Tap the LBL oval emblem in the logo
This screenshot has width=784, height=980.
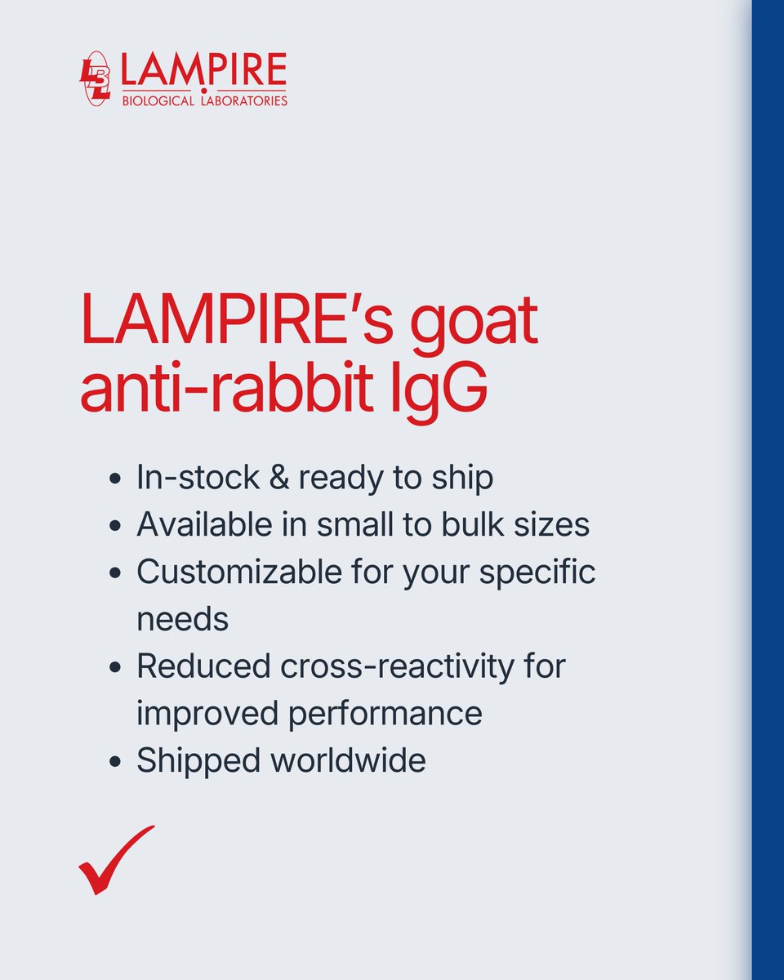pyautogui.click(x=95, y=79)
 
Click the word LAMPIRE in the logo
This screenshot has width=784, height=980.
pyautogui.click(x=203, y=71)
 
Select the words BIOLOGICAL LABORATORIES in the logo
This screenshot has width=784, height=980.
pyautogui.click(x=203, y=101)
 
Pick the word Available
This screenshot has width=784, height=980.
pyautogui.click(x=204, y=524)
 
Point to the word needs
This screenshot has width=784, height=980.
pyautogui.click(x=182, y=620)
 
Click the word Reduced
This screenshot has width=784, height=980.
pyautogui.click(x=203, y=666)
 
